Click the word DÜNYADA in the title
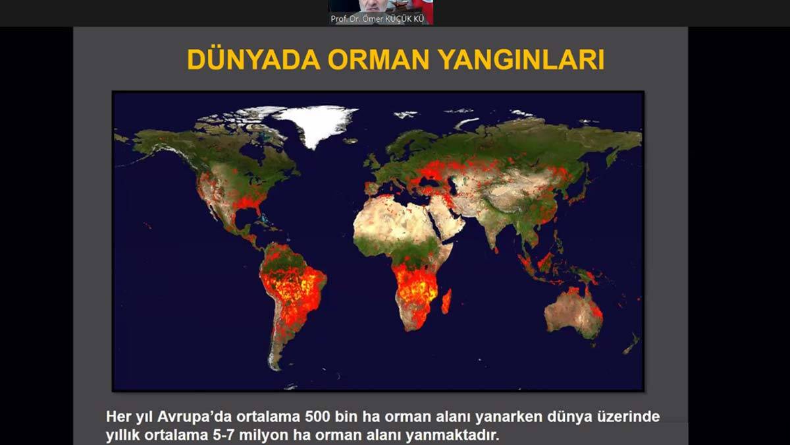pos(253,60)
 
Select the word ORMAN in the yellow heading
pos(379,60)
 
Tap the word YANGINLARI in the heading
pos(523,60)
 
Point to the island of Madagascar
pos(446,301)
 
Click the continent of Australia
pos(573,312)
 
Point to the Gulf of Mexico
pos(246,216)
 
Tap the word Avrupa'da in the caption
pos(195,417)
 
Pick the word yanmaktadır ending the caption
pos(452,435)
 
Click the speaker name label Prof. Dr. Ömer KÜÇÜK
pos(377,18)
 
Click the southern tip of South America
pos(276,369)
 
